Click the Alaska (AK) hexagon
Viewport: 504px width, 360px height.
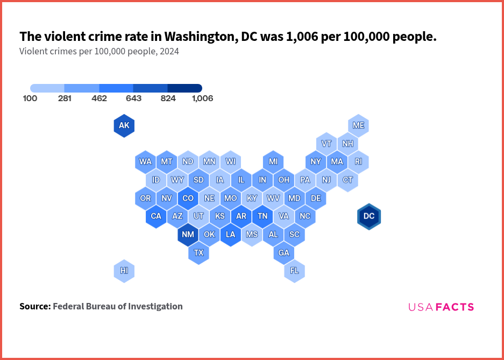coord(124,126)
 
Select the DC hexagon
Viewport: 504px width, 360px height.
coord(369,216)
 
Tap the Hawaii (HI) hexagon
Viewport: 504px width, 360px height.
coord(124,271)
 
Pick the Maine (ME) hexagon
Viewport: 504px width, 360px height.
coord(358,125)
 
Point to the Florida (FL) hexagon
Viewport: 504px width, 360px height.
coord(295,271)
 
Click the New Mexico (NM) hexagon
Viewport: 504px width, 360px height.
coord(188,235)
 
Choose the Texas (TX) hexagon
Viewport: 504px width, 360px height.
coord(198,252)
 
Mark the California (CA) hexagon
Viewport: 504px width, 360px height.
coord(156,216)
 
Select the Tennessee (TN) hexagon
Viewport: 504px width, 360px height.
coord(262,216)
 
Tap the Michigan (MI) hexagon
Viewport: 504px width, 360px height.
coord(273,161)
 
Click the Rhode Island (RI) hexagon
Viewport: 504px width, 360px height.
coord(358,161)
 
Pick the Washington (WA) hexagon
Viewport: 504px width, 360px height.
coord(145,161)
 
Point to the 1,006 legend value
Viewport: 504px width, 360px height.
coord(202,98)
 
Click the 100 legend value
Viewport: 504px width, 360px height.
coord(30,98)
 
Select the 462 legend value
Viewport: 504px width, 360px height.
coord(99,98)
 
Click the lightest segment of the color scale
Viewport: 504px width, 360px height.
coord(47,88)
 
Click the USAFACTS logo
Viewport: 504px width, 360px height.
coord(441,307)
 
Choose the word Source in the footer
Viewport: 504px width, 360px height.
coord(34,307)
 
